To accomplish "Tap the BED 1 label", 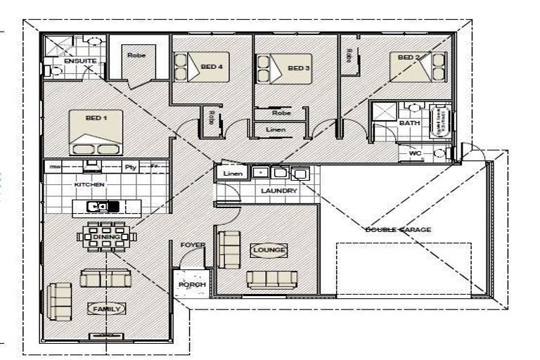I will [x=96, y=118].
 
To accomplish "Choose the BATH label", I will [x=409, y=123].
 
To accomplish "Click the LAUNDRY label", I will [x=278, y=191].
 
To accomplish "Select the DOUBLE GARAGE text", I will [x=398, y=230].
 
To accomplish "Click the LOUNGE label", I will [x=268, y=250].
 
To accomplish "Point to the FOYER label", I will [x=193, y=245].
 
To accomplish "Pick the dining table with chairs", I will [x=107, y=237].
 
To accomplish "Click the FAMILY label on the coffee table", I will [x=106, y=309].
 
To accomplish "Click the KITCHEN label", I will [x=89, y=184].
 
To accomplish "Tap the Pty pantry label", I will [x=129, y=167].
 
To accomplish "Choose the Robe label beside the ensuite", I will [x=136, y=55].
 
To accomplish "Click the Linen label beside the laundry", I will [x=232, y=173].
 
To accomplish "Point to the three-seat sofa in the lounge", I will [x=272, y=279].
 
